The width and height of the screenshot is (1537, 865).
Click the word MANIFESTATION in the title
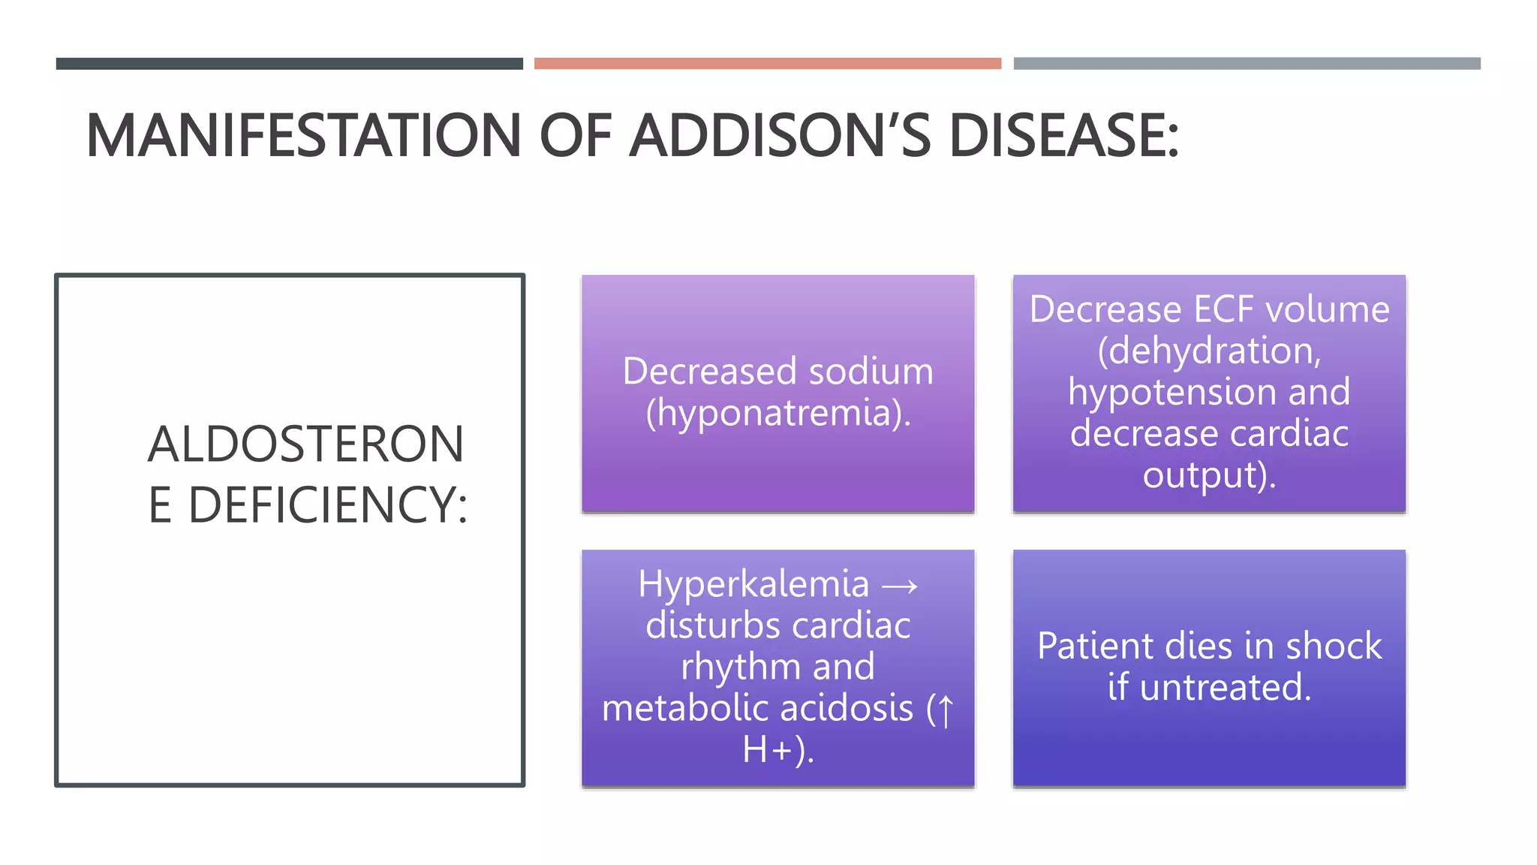[x=303, y=136]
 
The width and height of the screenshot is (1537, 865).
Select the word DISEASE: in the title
[x=1063, y=136]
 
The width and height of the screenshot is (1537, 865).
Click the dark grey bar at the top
[x=289, y=64]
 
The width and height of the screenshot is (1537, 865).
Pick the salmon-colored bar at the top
[x=767, y=64]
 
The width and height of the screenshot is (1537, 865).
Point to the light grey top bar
[x=1247, y=64]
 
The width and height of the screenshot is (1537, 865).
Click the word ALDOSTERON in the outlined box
[x=305, y=444]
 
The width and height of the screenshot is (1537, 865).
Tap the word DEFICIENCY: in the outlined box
[x=327, y=505]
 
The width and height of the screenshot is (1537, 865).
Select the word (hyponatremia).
[x=778, y=413]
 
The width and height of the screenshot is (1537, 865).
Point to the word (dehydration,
[x=1209, y=351]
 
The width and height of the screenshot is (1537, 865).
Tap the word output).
[x=1209, y=475]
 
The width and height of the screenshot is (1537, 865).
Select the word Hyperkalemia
[x=753, y=584]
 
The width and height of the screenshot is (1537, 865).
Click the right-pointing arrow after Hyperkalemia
[x=900, y=586]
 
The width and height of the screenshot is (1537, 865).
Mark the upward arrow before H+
[x=946, y=710]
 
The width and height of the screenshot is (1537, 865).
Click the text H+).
[x=778, y=749]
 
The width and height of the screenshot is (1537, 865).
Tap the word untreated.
[x=1225, y=688]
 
